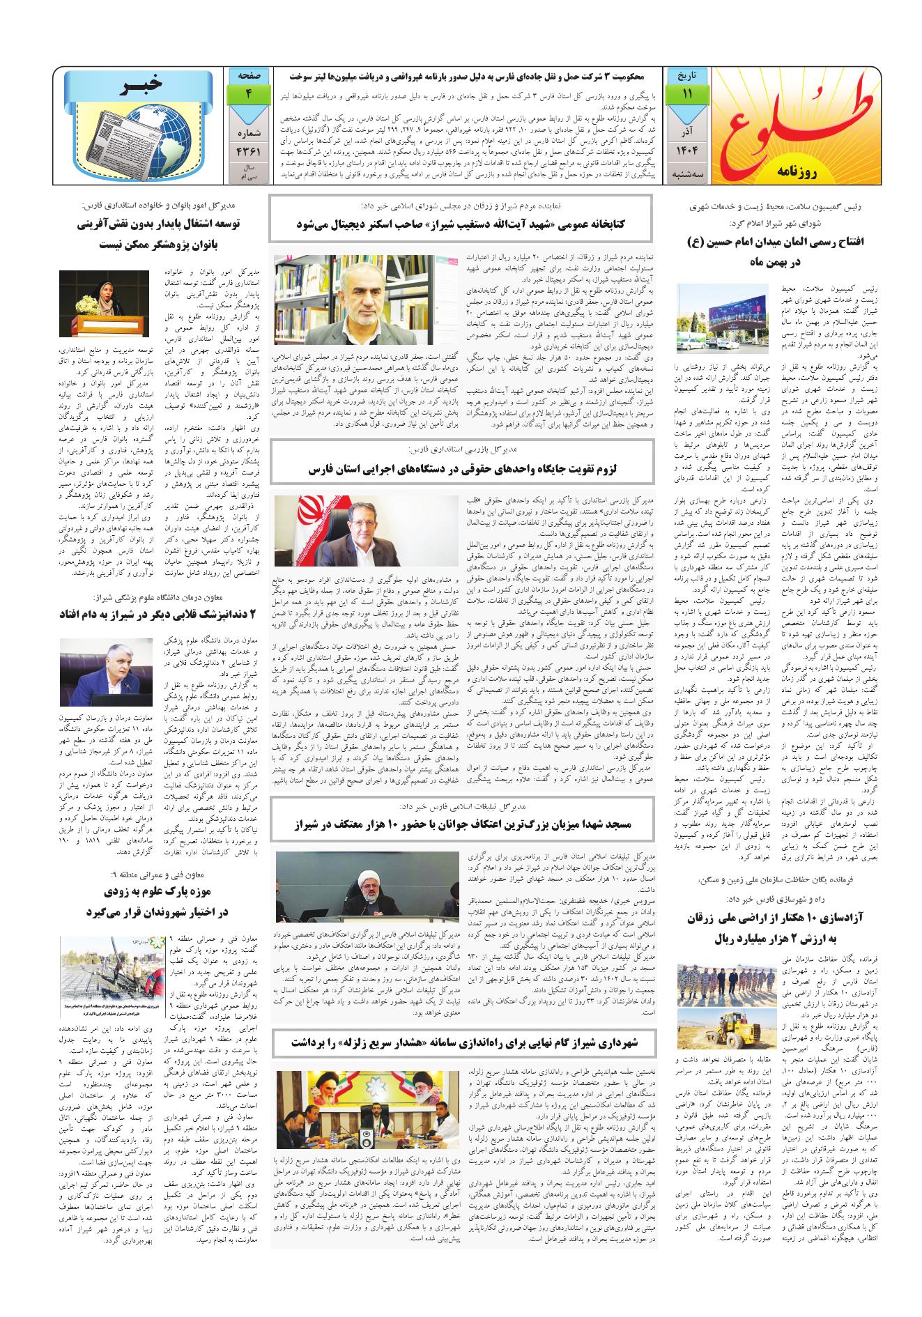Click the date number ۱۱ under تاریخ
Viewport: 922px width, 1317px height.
[x=688, y=94]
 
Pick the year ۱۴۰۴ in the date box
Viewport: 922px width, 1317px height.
[x=688, y=151]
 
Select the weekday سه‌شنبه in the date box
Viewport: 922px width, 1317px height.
[x=688, y=171]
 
